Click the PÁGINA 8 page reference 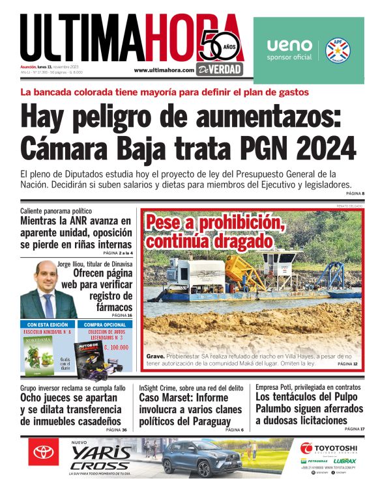[355, 194]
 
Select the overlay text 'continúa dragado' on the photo [209, 241]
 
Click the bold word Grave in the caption [155, 356]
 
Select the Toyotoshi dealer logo [328, 448]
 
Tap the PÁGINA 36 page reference [116, 430]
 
